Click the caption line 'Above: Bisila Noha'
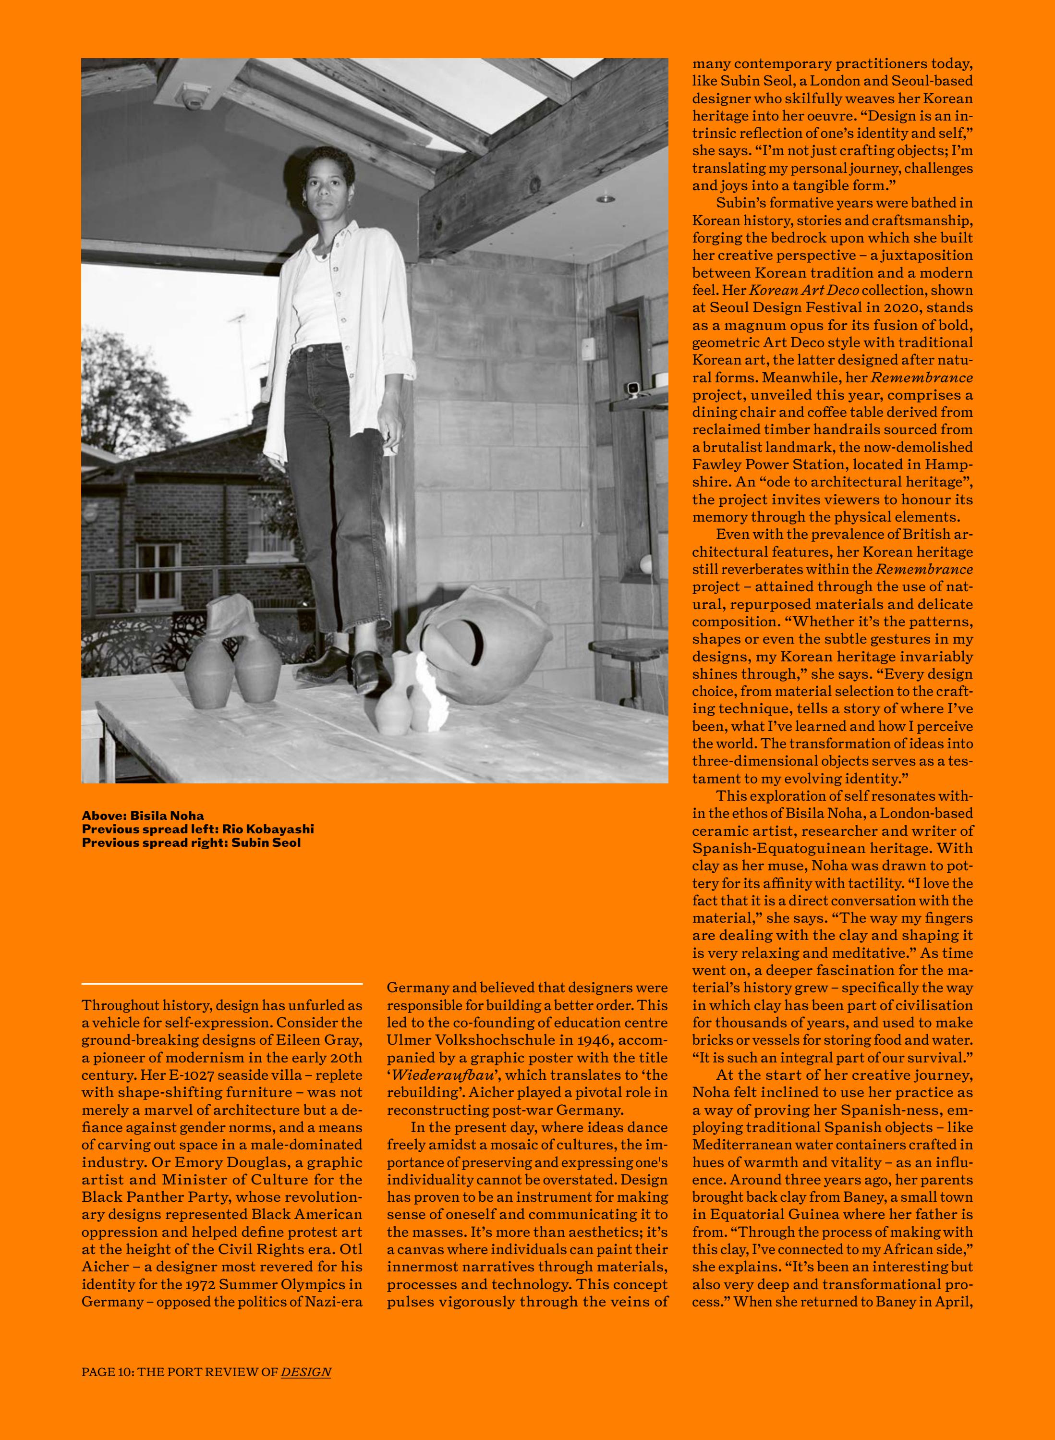pyautogui.click(x=143, y=815)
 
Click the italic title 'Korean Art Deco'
pyautogui.click(x=803, y=290)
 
